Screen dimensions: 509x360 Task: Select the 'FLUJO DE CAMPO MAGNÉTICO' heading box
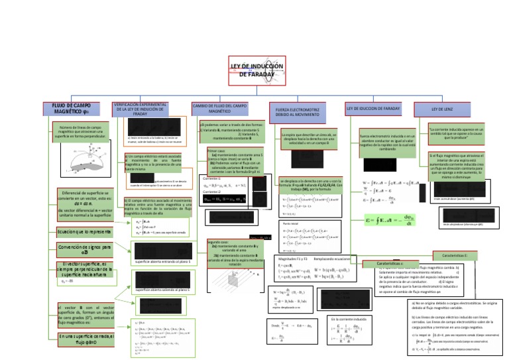click(x=67, y=109)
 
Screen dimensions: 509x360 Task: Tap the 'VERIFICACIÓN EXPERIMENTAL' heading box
click(x=141, y=109)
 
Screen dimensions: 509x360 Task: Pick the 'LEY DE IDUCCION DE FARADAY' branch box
click(x=373, y=108)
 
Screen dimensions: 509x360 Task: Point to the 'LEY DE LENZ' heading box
click(x=445, y=108)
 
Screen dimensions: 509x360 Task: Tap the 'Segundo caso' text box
click(x=231, y=253)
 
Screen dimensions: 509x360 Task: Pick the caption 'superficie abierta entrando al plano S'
click(x=162, y=262)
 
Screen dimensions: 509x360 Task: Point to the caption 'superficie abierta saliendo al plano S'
click(x=162, y=290)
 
